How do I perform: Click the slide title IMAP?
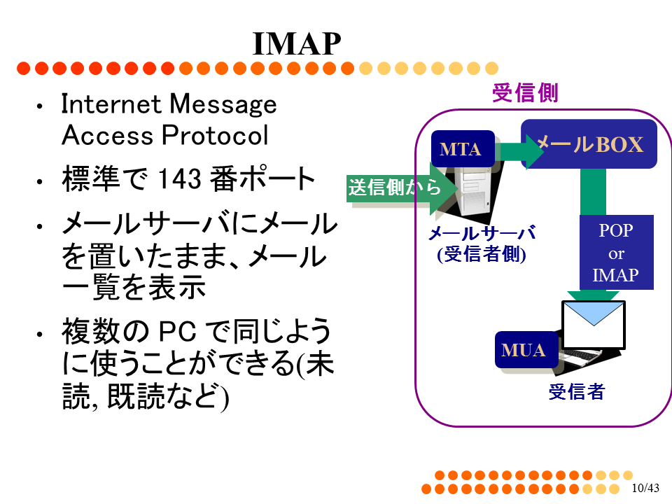tap(297, 43)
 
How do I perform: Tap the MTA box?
tap(463, 148)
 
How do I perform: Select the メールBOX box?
tap(589, 144)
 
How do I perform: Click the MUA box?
tap(526, 350)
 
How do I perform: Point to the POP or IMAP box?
tap(616, 253)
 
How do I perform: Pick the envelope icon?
tap(594, 324)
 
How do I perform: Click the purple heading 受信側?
tap(525, 93)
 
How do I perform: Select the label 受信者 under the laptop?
tap(576, 392)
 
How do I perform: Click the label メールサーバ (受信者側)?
tap(482, 244)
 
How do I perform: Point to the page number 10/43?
tap(645, 488)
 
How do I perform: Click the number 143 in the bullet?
tap(180, 178)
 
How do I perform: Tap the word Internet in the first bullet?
tap(111, 104)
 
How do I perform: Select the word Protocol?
tap(215, 135)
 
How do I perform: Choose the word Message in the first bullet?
tap(223, 104)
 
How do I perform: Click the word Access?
tap(107, 135)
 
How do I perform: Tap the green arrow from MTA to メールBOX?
tap(519, 151)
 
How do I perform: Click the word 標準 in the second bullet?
tap(90, 178)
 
